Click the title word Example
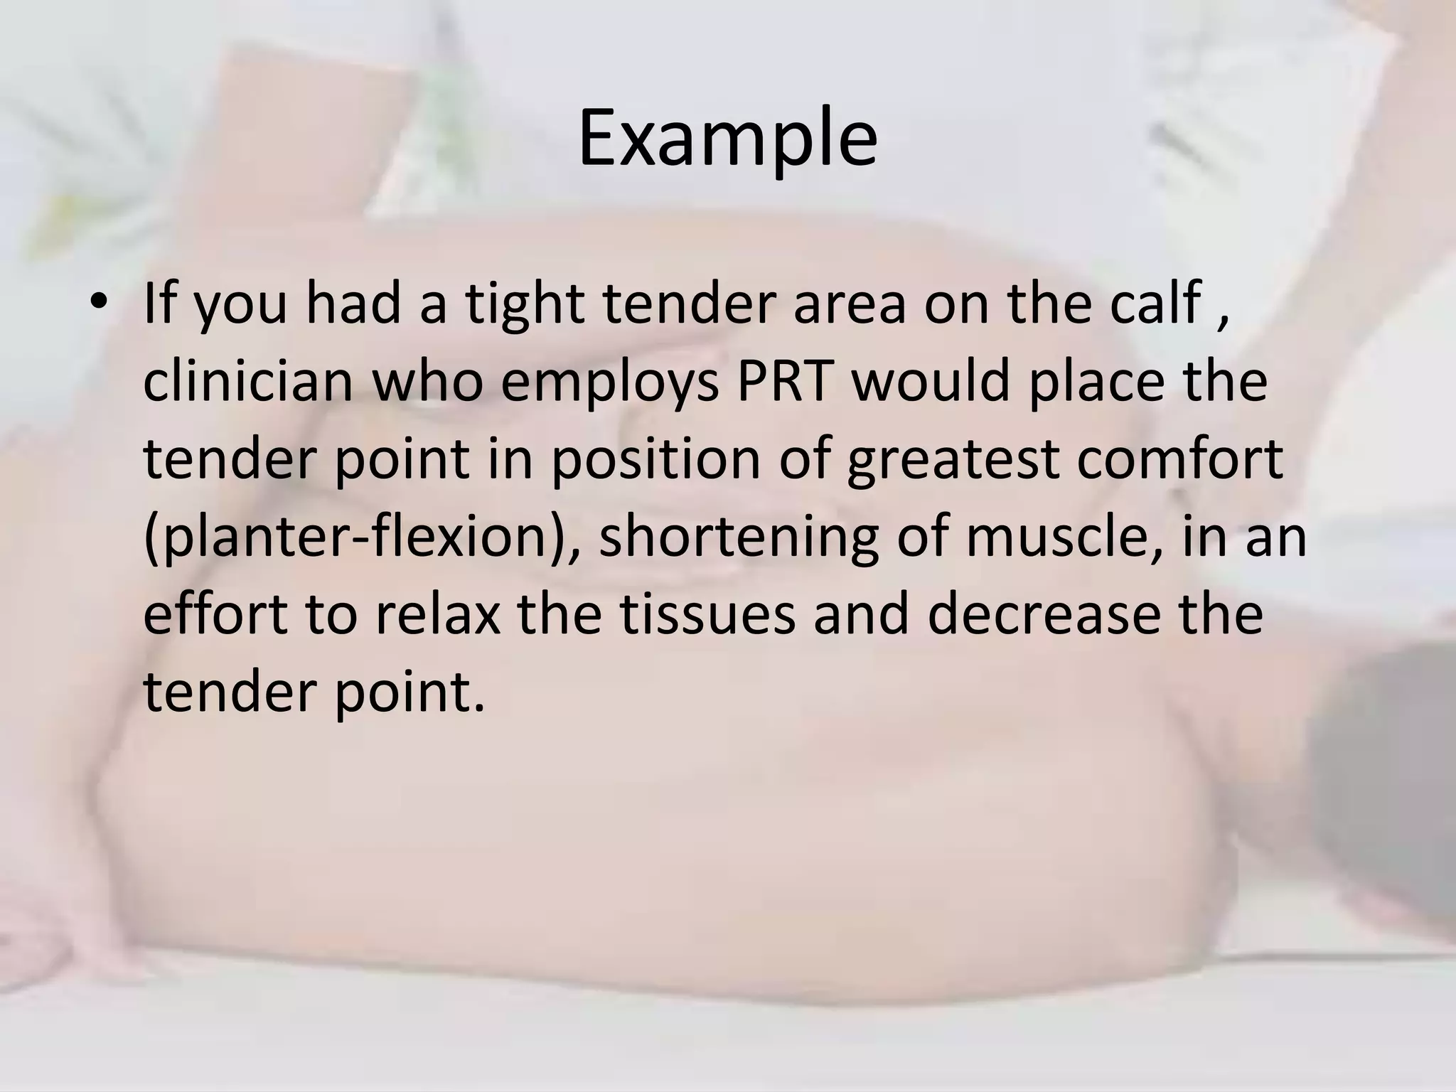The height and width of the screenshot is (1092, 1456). [x=727, y=139]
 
